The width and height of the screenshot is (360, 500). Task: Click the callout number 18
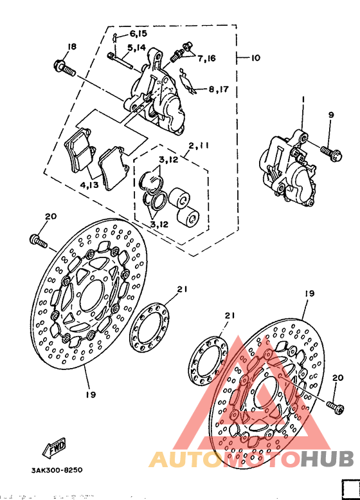point(71,47)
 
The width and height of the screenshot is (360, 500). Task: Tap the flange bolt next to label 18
point(65,67)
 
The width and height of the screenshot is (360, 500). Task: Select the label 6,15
point(138,33)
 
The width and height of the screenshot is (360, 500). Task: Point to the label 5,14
point(136,48)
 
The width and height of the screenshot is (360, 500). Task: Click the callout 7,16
point(206,59)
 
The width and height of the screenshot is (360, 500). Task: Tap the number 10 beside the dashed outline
point(255,59)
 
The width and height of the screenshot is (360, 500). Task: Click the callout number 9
point(331,115)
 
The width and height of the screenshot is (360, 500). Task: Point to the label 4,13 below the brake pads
point(90,186)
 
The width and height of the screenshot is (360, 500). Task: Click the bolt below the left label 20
point(38,241)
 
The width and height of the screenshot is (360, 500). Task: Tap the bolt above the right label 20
point(336,406)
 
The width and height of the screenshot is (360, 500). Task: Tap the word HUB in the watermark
point(327,459)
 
